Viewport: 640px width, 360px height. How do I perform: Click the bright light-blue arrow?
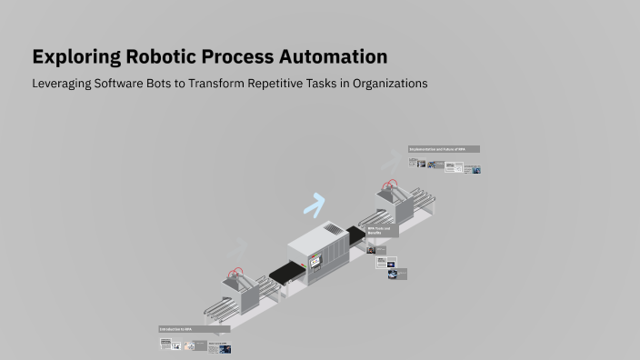click(315, 205)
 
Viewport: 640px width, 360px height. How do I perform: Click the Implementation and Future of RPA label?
click(444, 149)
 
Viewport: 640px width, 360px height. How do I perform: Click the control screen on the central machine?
click(315, 262)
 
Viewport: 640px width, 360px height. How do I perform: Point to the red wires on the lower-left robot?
click(238, 272)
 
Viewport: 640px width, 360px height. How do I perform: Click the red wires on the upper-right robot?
click(392, 185)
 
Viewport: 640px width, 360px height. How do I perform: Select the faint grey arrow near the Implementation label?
click(390, 162)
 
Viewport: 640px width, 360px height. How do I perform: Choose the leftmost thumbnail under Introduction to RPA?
click(165, 344)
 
